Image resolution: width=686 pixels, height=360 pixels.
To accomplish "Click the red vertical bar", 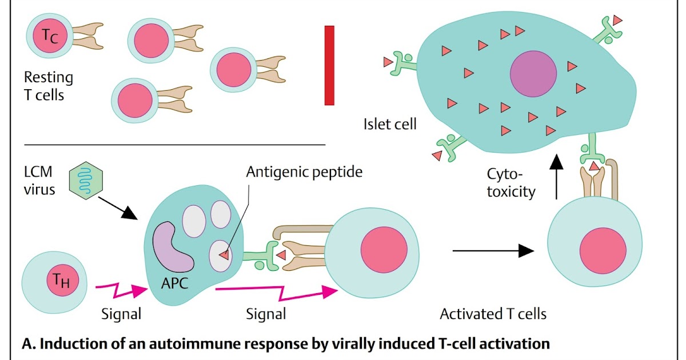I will click(329, 65).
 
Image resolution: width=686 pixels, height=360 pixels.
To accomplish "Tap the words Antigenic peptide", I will click(304, 171).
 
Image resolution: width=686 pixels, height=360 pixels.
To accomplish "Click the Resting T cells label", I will click(48, 85).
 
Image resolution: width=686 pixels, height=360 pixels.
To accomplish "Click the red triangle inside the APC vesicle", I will click(225, 255).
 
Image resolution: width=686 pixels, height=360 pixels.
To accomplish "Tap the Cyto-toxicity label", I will click(511, 182).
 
